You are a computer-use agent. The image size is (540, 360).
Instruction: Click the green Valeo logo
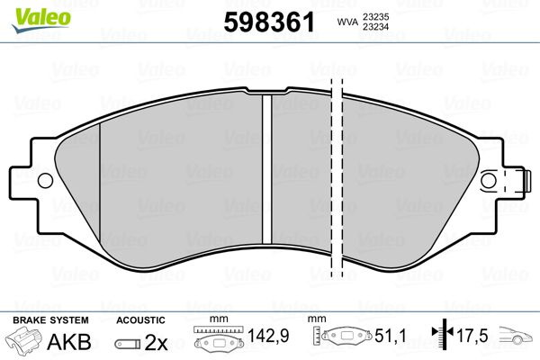pos(41,20)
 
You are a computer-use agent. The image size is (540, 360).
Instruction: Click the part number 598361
pos(269,22)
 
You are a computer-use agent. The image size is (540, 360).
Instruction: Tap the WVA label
pos(347,22)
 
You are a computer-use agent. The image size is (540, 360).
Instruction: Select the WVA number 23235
pos(375,16)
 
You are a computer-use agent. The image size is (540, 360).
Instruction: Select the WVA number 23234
pos(375,26)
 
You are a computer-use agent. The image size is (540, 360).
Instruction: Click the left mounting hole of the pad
pos(45,180)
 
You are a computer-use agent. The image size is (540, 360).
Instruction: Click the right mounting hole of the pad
pos(488,181)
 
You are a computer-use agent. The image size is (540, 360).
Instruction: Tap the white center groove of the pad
pos(267,169)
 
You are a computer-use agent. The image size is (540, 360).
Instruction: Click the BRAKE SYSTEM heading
pos(50,320)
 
